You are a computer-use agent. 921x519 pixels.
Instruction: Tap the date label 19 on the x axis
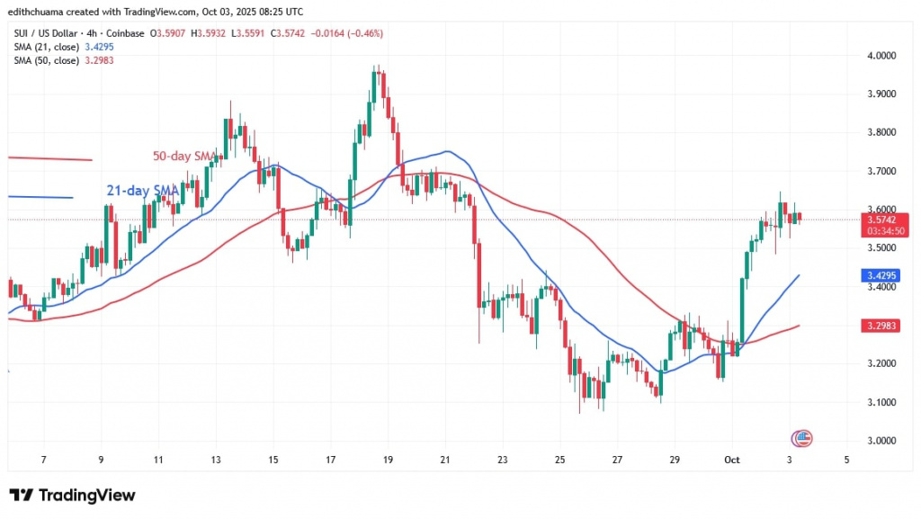pyautogui.click(x=388, y=459)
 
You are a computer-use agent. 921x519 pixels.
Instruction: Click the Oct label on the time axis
pyautogui.click(x=733, y=459)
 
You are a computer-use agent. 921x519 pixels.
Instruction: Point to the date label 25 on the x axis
pyautogui.click(x=561, y=459)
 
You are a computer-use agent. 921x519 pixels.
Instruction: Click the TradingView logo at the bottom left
pyautogui.click(x=72, y=496)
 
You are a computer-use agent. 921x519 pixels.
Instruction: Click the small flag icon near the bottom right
pyautogui.click(x=801, y=439)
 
